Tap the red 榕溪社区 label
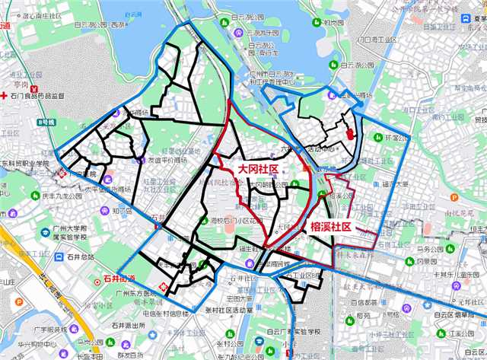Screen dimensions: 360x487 coord(329,227)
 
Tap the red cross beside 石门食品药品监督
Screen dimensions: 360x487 coord(5,96)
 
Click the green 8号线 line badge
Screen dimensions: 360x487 coord(47,121)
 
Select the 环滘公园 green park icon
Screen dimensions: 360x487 coord(378,138)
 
